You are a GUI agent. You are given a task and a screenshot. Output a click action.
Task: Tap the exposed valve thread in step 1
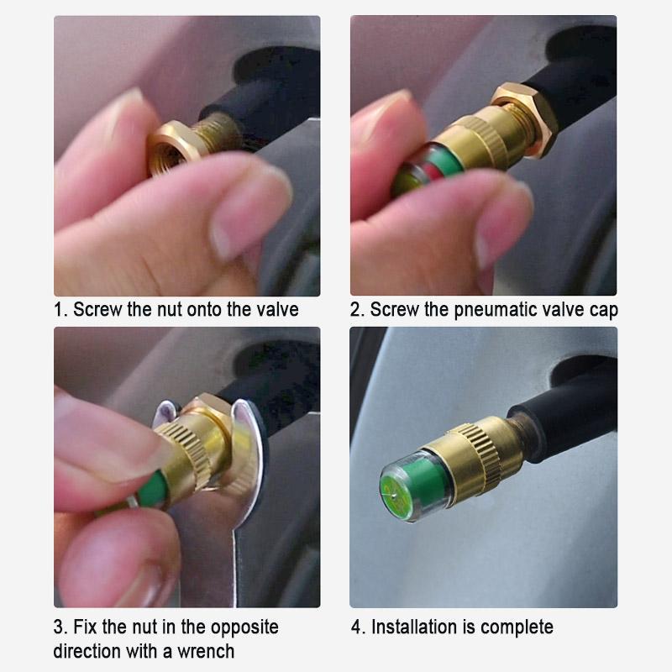pos(218,131)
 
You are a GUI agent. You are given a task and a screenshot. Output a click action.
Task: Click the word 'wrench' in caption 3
pos(206,652)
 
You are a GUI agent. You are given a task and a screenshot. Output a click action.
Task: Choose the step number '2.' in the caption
pos(358,310)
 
